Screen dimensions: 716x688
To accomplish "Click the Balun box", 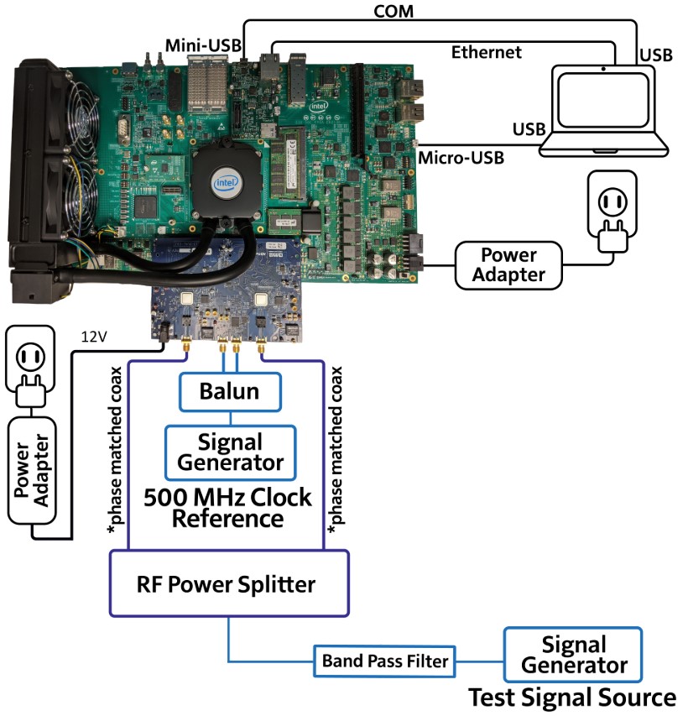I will click(x=230, y=391).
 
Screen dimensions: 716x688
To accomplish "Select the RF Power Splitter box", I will click(x=228, y=583).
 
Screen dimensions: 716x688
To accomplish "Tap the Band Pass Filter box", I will click(x=384, y=661).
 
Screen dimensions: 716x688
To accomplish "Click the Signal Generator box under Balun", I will click(x=230, y=452).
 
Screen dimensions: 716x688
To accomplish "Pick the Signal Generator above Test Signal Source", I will click(x=573, y=656).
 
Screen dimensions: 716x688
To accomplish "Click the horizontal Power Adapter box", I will click(x=508, y=264).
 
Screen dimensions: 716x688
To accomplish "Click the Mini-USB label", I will click(x=197, y=44).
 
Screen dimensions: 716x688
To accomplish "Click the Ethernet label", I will click(x=487, y=52).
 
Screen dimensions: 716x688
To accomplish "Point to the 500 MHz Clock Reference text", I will click(x=227, y=507).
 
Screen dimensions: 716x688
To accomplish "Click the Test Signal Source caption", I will click(x=571, y=698).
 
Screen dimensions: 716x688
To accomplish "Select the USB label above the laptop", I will click(x=654, y=55).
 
